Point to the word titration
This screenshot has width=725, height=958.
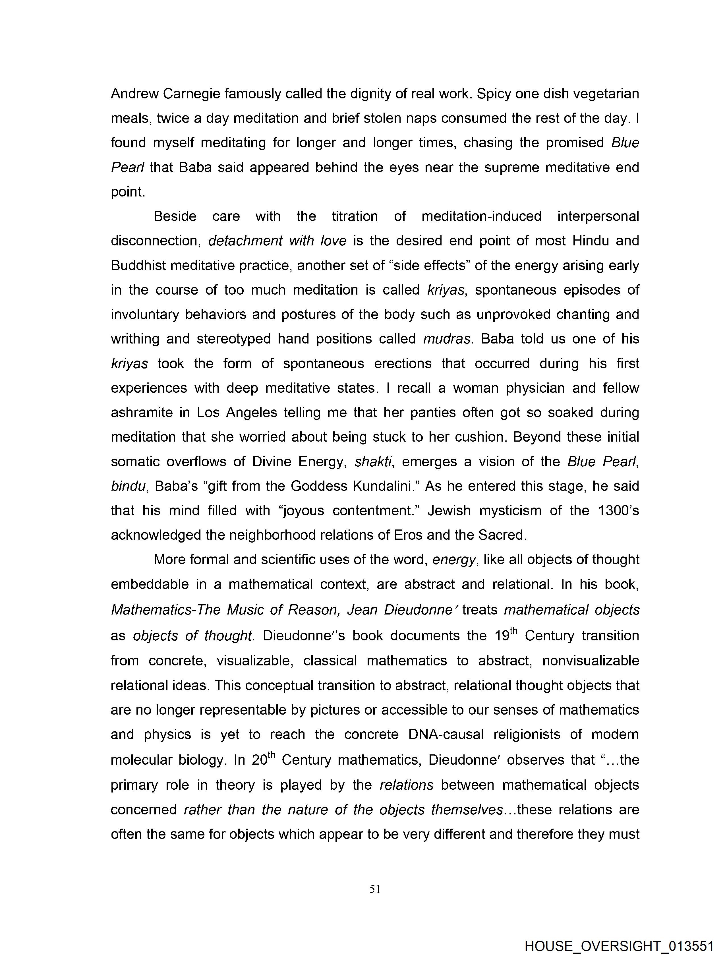355,216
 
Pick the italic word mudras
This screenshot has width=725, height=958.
446,339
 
